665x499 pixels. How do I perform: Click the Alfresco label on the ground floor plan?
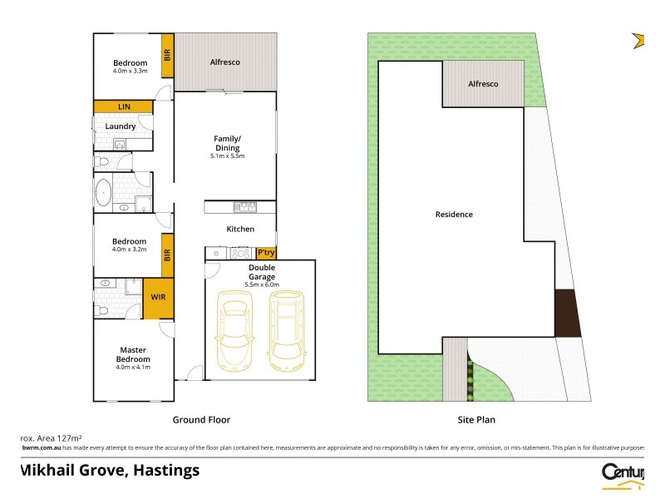click(x=224, y=62)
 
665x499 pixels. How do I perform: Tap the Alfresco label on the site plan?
click(x=483, y=84)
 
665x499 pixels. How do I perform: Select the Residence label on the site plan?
click(x=454, y=215)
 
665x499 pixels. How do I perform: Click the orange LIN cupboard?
click(x=123, y=106)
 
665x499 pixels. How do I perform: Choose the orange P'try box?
click(x=266, y=252)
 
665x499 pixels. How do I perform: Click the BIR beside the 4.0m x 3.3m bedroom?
click(x=167, y=56)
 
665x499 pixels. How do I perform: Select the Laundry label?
click(x=121, y=126)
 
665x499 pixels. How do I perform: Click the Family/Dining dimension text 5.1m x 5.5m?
click(x=227, y=156)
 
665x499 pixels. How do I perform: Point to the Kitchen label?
click(x=240, y=229)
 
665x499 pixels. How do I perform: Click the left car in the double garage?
click(x=234, y=332)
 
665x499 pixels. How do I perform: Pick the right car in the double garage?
click(x=284, y=332)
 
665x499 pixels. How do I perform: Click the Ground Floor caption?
click(x=201, y=420)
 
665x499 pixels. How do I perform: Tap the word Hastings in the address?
click(x=163, y=470)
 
